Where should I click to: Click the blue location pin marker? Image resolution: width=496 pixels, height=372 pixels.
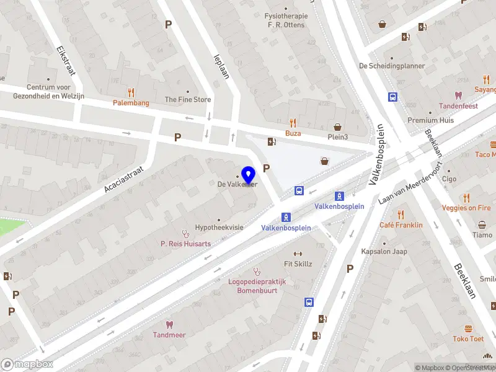249,175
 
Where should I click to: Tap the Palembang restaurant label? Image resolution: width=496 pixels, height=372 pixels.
131,103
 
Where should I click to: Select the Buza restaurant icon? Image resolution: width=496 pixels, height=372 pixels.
293,123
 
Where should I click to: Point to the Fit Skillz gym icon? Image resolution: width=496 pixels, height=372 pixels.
297,254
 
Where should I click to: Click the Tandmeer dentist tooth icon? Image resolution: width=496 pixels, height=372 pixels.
169,324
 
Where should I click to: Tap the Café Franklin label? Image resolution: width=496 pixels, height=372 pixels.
401,225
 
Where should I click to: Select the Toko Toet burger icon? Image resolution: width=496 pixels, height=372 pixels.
468,329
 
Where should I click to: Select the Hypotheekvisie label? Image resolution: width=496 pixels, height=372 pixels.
219,228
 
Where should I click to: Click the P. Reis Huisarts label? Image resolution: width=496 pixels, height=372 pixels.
185,244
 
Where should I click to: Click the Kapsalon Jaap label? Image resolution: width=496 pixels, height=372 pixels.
384,252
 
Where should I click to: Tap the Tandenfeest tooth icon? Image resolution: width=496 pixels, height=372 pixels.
458,95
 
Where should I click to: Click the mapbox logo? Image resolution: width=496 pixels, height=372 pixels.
27,364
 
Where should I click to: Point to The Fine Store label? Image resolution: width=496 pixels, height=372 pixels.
187,99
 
